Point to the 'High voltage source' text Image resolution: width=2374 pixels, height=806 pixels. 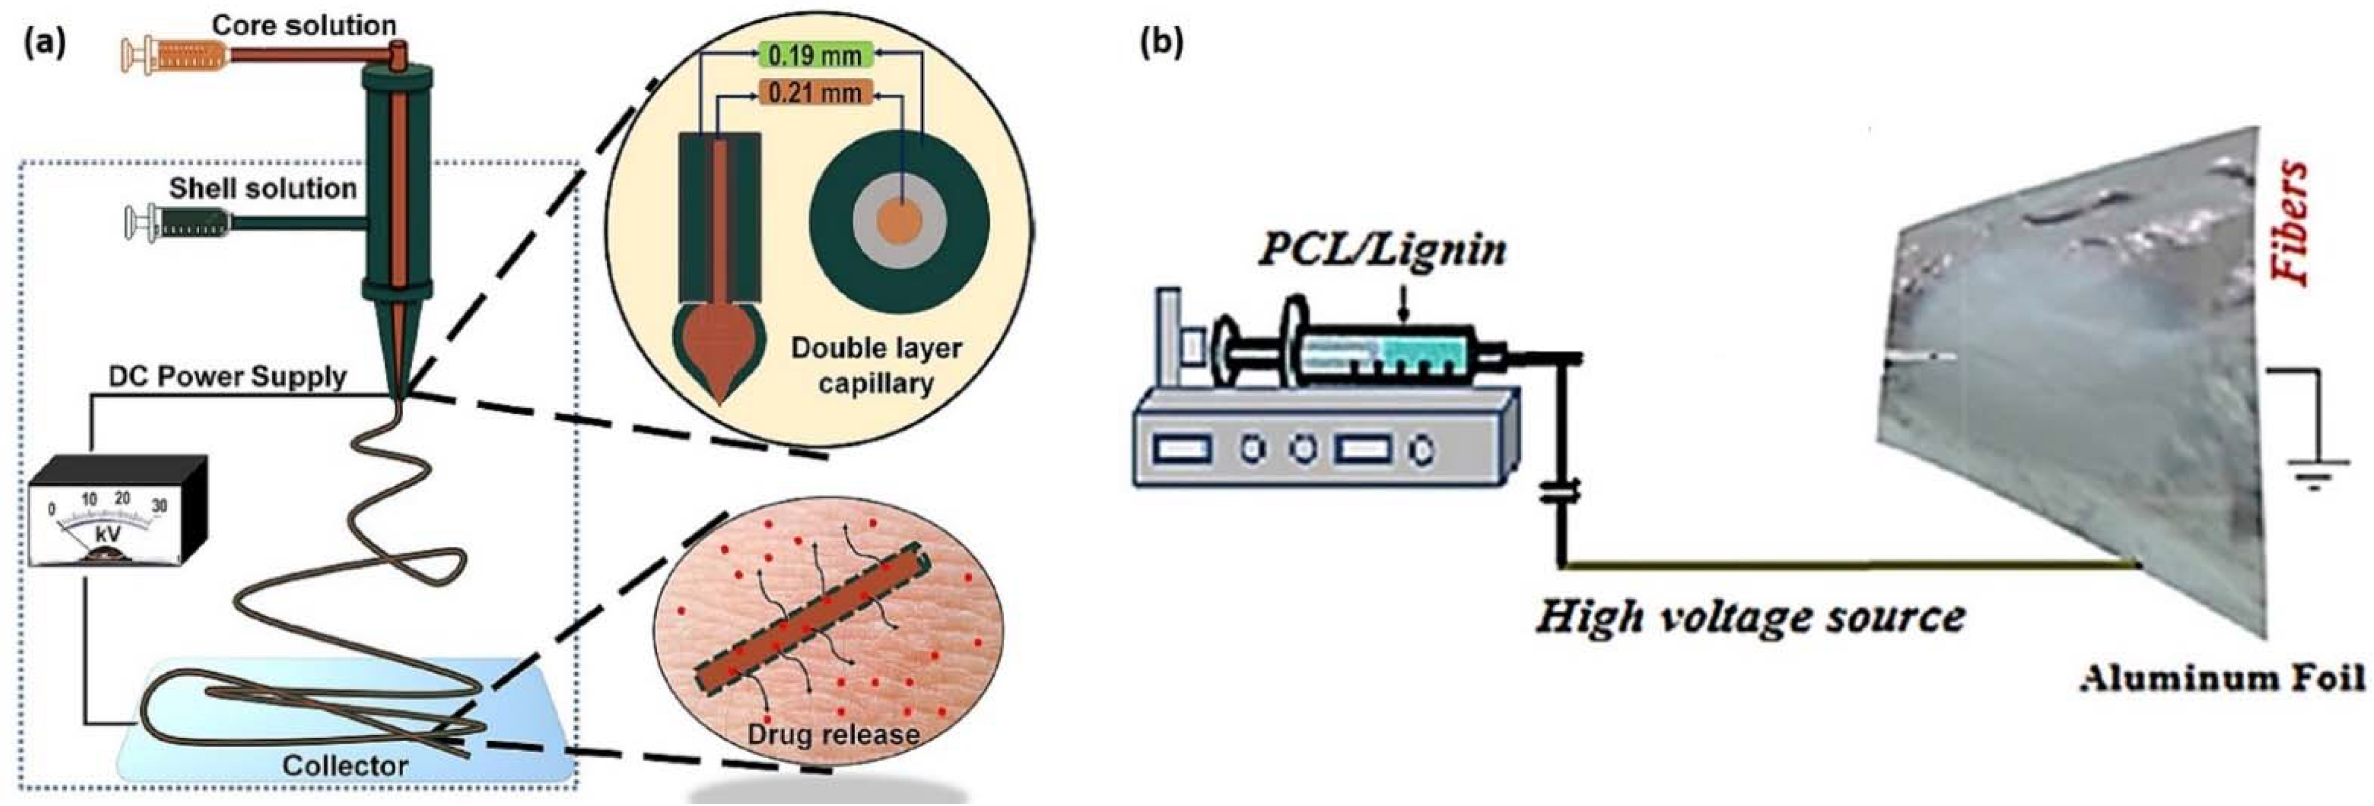(x=1750, y=617)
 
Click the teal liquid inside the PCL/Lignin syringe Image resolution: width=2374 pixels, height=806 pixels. (x=1428, y=352)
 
